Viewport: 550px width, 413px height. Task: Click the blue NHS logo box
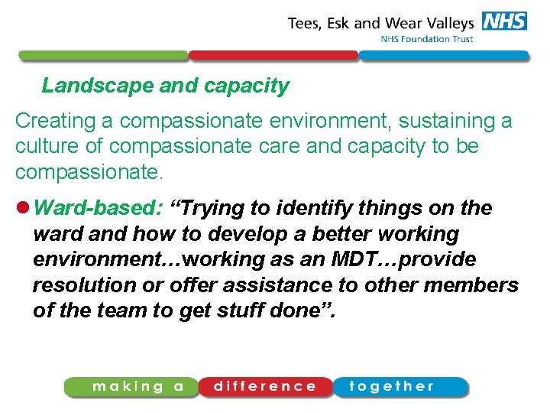click(x=504, y=21)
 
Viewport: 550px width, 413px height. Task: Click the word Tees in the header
click(x=304, y=23)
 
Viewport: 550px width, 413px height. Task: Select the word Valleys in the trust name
click(x=448, y=23)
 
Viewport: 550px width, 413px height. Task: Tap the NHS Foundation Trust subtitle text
click(x=426, y=40)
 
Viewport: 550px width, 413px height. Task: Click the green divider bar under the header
click(x=102, y=56)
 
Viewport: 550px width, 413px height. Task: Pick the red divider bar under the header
click(x=273, y=56)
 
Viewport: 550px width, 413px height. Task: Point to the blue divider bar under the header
click(x=443, y=56)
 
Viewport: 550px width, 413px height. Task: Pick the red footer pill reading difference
click(x=265, y=387)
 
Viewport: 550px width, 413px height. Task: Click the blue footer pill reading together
click(x=399, y=387)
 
